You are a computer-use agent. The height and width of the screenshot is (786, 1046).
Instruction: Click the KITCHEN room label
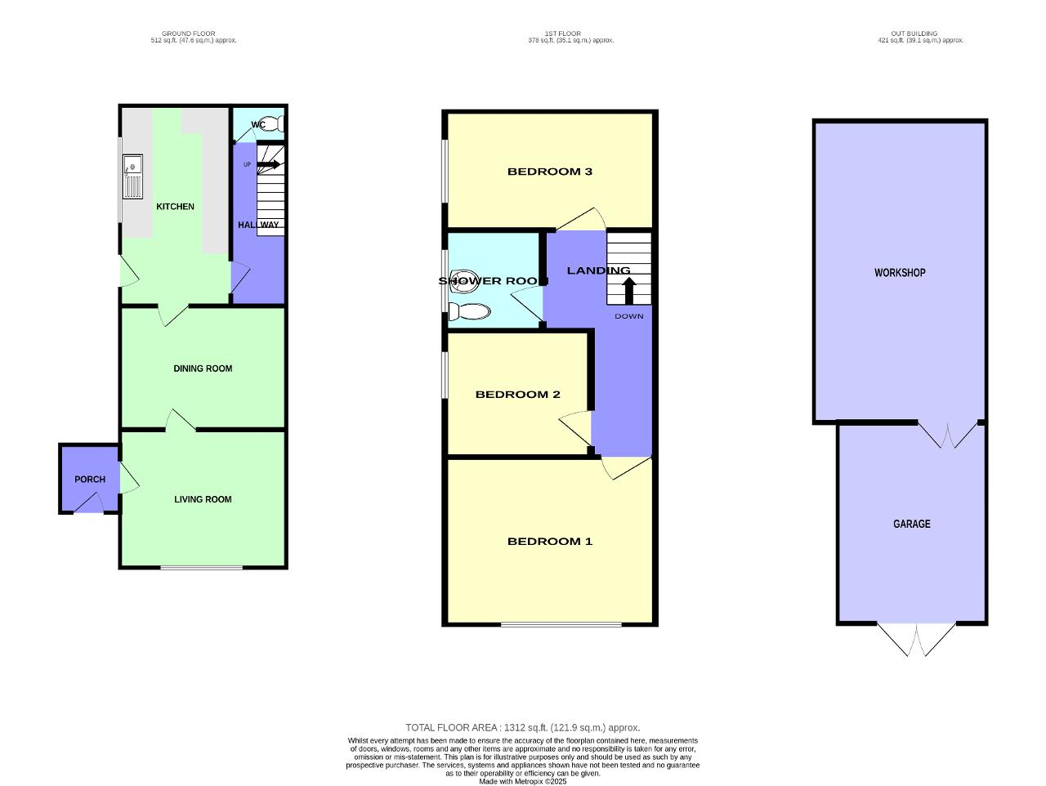[175, 207]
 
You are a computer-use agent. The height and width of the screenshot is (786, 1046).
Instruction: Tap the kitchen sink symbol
[132, 176]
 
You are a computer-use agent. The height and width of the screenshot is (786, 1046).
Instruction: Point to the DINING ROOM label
[203, 368]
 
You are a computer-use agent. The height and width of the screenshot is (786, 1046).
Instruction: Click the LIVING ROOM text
[203, 499]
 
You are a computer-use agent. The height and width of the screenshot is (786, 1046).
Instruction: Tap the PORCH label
[90, 480]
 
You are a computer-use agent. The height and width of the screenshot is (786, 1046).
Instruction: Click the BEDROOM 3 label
[549, 172]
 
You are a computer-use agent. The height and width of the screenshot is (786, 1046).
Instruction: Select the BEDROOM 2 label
[517, 395]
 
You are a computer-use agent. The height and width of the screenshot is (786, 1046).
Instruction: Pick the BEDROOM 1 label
[549, 542]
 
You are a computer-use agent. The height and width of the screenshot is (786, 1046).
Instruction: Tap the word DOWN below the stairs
[629, 316]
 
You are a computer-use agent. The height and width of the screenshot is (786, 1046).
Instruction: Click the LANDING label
[598, 270]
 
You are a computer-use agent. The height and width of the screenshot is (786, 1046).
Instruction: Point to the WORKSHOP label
[900, 273]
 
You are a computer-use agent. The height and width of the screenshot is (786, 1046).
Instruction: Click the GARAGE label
[911, 524]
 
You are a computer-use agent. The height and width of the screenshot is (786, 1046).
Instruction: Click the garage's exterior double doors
[915, 639]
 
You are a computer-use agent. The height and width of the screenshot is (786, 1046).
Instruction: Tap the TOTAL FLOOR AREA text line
[523, 727]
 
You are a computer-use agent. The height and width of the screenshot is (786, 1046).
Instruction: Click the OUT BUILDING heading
[920, 33]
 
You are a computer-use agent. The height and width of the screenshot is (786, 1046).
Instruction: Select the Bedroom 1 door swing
[625, 467]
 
